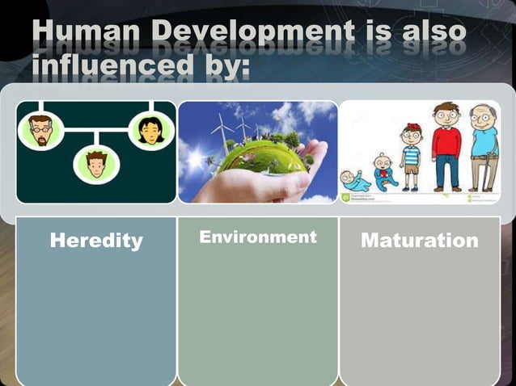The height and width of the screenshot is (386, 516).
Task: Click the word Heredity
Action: [96, 240]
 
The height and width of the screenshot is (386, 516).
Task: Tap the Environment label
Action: [258, 237]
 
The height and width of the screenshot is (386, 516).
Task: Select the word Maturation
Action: [419, 240]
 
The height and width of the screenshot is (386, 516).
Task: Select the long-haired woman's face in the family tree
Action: [150, 130]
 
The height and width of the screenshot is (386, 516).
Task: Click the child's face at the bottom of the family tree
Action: [96, 164]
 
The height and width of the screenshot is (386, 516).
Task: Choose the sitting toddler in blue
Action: [383, 171]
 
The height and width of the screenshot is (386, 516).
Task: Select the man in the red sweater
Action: [445, 145]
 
